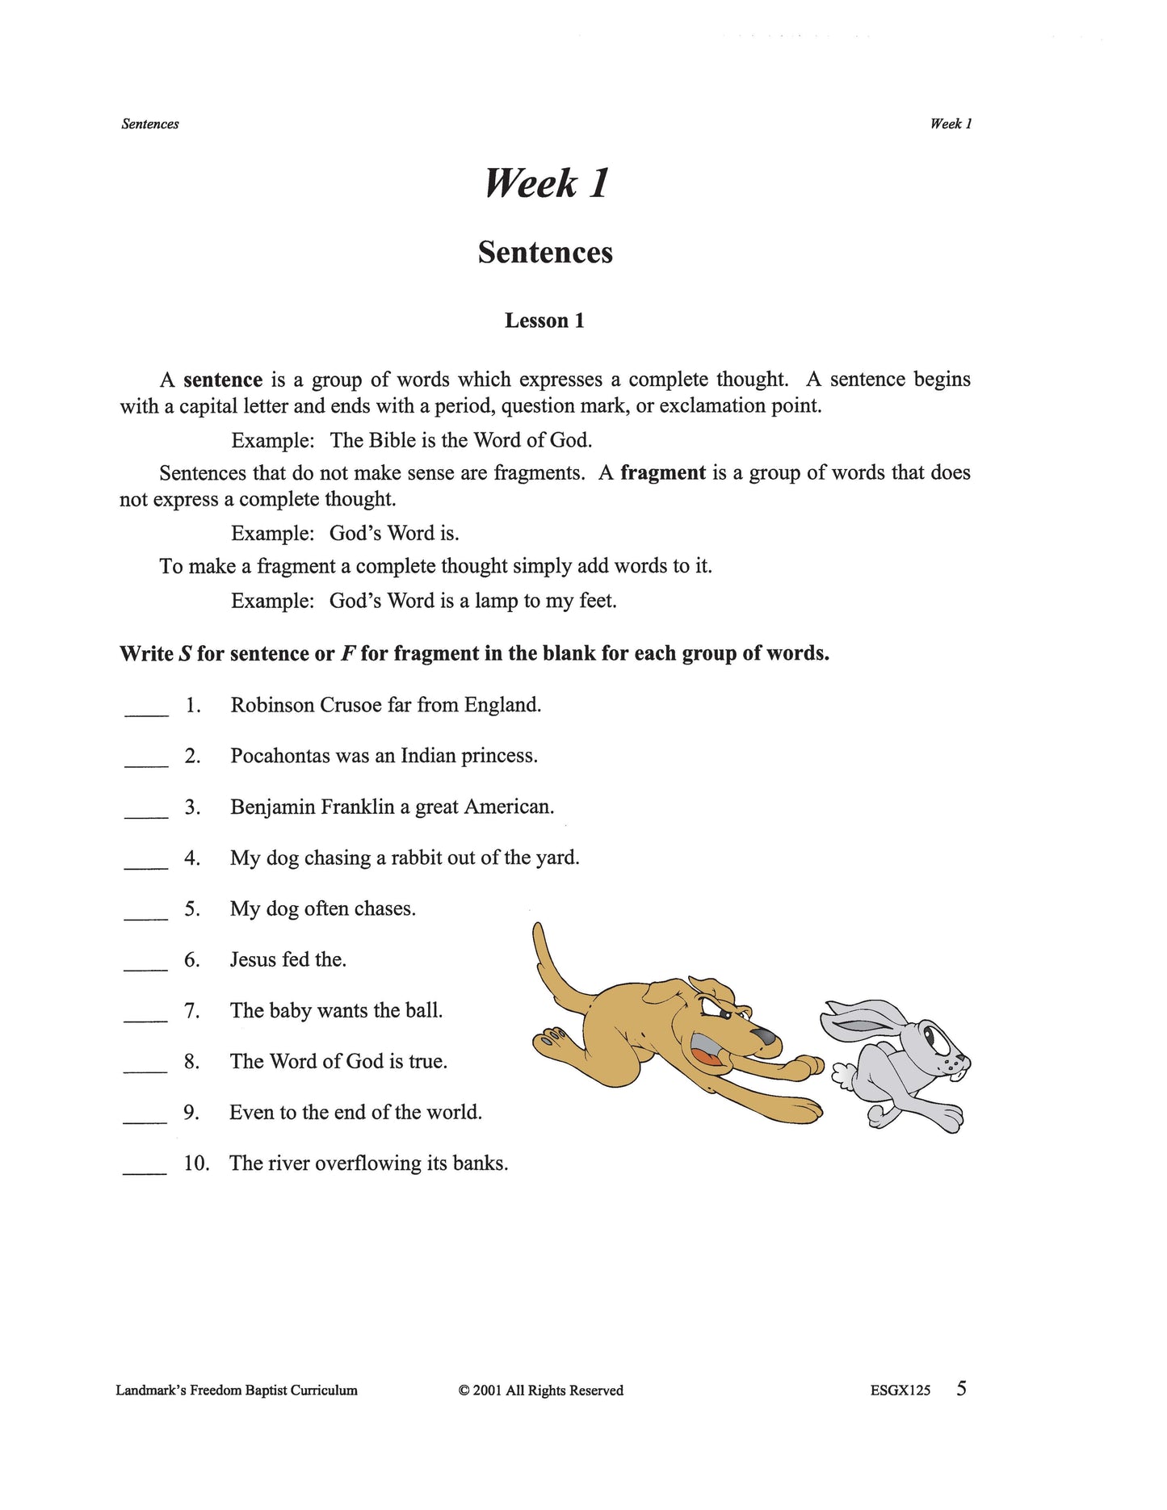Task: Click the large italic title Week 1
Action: pyautogui.click(x=546, y=183)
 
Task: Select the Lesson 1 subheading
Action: pyautogui.click(x=544, y=321)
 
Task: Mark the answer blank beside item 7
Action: pyautogui.click(x=146, y=1015)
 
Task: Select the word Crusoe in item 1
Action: pyautogui.click(x=351, y=705)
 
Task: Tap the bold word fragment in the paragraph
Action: pyautogui.click(x=662, y=473)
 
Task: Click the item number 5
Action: pyautogui.click(x=191, y=909)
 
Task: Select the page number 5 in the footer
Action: pyautogui.click(x=961, y=1389)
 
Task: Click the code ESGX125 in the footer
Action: pyautogui.click(x=900, y=1390)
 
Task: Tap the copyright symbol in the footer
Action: pyautogui.click(x=464, y=1390)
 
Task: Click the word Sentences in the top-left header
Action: pyautogui.click(x=150, y=124)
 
